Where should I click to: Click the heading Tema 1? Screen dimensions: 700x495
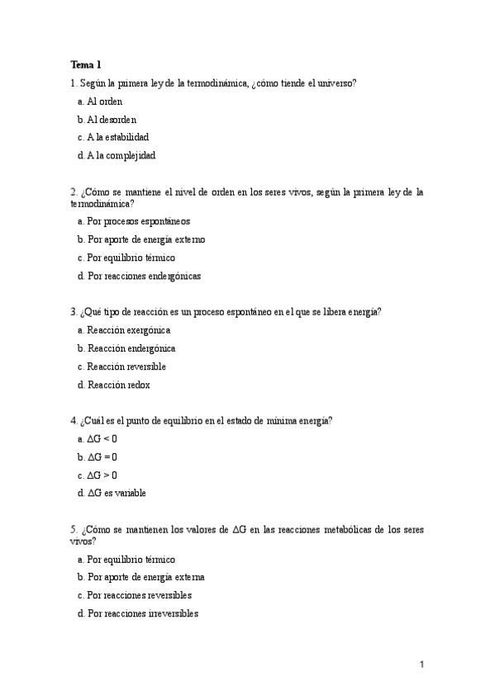pos(86,64)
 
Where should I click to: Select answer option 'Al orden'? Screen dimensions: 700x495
pos(104,101)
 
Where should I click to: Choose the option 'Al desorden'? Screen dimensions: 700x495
pos(111,119)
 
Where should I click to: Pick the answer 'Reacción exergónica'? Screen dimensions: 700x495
pos(128,330)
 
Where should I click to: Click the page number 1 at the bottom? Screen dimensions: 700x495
pos(421,665)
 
